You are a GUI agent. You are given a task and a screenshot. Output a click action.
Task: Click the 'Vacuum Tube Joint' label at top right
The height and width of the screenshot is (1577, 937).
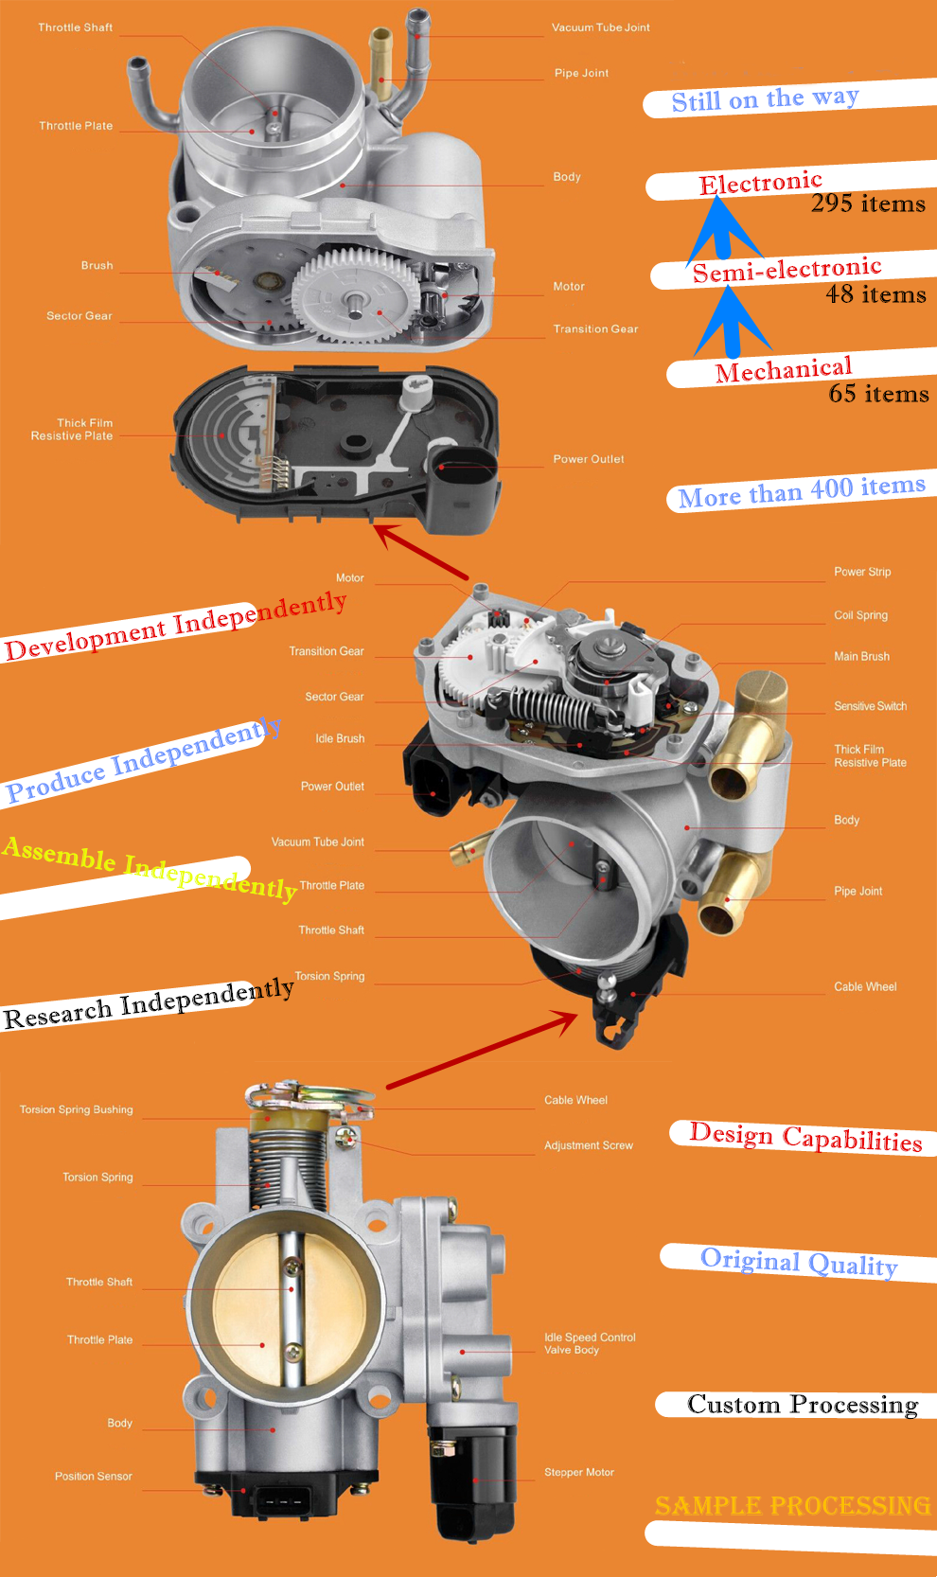pos(600,27)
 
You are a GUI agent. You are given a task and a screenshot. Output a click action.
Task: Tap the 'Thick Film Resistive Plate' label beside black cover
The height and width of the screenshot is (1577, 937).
pos(72,430)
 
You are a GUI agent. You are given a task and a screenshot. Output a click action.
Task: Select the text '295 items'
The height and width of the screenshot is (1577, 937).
pos(868,204)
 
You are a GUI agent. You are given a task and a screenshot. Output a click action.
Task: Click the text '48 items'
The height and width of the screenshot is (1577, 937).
pos(875,294)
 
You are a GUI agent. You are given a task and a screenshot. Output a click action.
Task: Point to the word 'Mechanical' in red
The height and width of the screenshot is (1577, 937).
pos(783,370)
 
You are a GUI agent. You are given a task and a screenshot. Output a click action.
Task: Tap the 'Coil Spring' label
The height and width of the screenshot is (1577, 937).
pos(860,615)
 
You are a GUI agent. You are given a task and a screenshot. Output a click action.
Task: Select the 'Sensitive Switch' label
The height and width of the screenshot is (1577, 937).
pos(870,706)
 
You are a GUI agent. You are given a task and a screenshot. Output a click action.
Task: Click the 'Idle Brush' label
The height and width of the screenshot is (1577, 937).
pos(340,738)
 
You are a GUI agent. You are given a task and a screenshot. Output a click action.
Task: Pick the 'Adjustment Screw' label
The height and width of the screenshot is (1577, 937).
pos(588,1145)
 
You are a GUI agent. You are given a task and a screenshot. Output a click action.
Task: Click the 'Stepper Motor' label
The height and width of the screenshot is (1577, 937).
pos(578,1472)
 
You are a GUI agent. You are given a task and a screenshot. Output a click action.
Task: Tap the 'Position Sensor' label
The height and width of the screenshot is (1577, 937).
pos(93,1477)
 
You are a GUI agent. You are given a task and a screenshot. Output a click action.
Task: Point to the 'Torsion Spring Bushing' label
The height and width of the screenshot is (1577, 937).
pos(76,1109)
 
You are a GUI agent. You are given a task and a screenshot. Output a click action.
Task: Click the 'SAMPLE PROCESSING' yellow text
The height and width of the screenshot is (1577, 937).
pos(792,1506)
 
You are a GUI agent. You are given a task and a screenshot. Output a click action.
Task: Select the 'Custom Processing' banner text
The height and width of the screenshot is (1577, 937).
pos(802,1405)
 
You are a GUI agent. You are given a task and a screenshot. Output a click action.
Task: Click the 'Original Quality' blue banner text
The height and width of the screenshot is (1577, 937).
pos(798,1262)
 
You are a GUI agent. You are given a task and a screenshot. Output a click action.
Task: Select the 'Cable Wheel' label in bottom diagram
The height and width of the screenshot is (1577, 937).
pos(575,1100)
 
